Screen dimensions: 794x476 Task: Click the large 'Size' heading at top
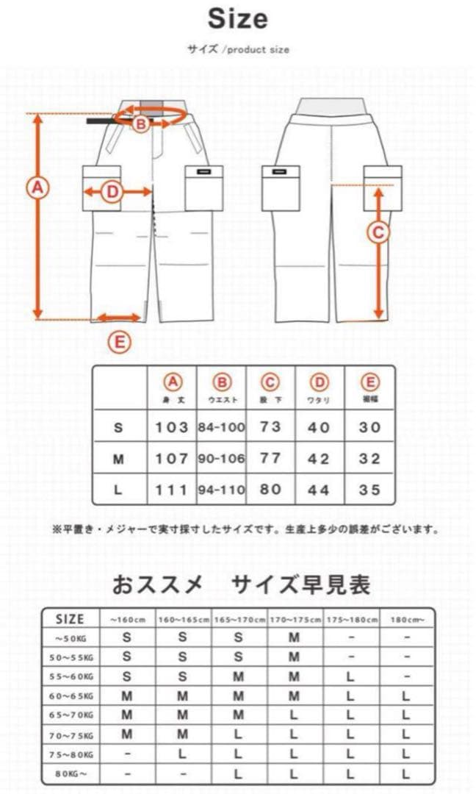pyautogui.click(x=237, y=20)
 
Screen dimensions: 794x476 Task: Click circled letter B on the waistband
pyautogui.click(x=141, y=124)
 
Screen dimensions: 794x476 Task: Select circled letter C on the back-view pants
pyautogui.click(x=378, y=233)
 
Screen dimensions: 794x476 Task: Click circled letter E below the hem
pyautogui.click(x=119, y=341)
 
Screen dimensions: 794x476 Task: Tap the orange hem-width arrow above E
pyautogui.click(x=118, y=318)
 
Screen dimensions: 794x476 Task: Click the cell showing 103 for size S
pyautogui.click(x=172, y=427)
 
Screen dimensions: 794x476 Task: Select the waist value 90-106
pyautogui.click(x=220, y=459)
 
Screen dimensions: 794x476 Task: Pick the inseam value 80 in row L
pyautogui.click(x=270, y=489)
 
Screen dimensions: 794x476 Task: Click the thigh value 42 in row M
pyautogui.click(x=318, y=459)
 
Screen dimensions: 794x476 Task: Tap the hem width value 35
pyautogui.click(x=369, y=490)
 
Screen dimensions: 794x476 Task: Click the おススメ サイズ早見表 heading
pyautogui.click(x=241, y=584)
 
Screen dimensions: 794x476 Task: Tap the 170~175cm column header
pyautogui.click(x=295, y=619)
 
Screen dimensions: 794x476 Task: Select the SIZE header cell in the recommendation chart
pyautogui.click(x=71, y=619)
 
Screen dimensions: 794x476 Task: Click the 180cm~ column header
pyautogui.click(x=407, y=619)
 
